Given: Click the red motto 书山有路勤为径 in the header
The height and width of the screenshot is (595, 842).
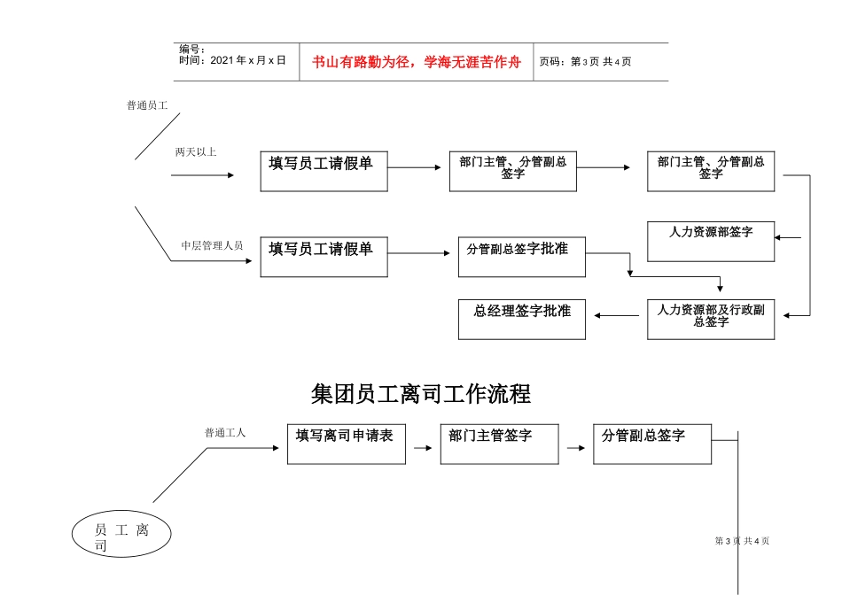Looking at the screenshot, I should click(416, 62).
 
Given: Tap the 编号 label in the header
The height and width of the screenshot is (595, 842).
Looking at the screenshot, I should click(191, 50).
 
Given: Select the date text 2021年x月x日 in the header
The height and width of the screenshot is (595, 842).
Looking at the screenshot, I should click(232, 61).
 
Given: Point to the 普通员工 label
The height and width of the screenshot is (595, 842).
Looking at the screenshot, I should click(147, 105).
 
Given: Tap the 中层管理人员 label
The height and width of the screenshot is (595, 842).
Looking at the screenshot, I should click(212, 245).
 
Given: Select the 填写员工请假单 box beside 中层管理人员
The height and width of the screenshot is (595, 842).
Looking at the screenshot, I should click(324, 257).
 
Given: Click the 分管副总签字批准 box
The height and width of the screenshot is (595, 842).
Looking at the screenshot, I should click(522, 257).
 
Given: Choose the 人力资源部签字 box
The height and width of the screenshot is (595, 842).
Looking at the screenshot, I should click(711, 241).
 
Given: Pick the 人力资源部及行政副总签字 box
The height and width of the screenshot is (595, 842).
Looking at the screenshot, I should click(711, 319).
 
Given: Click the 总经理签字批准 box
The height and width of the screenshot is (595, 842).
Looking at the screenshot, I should click(522, 319).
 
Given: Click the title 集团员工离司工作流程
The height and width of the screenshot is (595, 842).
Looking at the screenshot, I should click(421, 392).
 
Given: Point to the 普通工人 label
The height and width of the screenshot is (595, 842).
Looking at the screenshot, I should click(225, 433).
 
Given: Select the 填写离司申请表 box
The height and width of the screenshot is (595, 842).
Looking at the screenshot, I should click(346, 443).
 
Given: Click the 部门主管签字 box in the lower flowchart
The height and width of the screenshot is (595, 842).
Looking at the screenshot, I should click(499, 443).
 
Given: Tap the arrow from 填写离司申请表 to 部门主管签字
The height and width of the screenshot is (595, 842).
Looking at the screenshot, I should click(424, 448).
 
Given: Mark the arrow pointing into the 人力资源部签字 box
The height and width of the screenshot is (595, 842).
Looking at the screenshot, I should click(787, 237).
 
